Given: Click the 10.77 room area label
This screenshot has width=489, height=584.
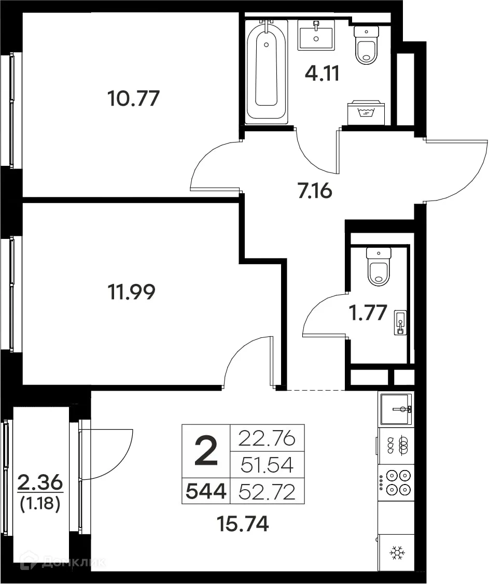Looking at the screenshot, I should click(133, 98).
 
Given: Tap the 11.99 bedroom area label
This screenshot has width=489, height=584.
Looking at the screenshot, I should click(131, 293).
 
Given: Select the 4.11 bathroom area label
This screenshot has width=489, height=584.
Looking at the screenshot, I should click(322, 74).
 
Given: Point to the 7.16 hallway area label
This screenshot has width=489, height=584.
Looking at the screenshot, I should click(314, 191).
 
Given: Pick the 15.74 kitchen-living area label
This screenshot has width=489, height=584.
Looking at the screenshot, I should click(243, 524).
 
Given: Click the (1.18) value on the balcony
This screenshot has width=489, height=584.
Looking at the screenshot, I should click(40, 504).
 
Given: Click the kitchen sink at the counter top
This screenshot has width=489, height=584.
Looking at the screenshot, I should click(396, 409).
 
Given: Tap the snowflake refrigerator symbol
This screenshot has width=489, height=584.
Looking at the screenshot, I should click(397, 553).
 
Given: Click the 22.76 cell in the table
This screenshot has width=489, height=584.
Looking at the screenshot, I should click(267, 439).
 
